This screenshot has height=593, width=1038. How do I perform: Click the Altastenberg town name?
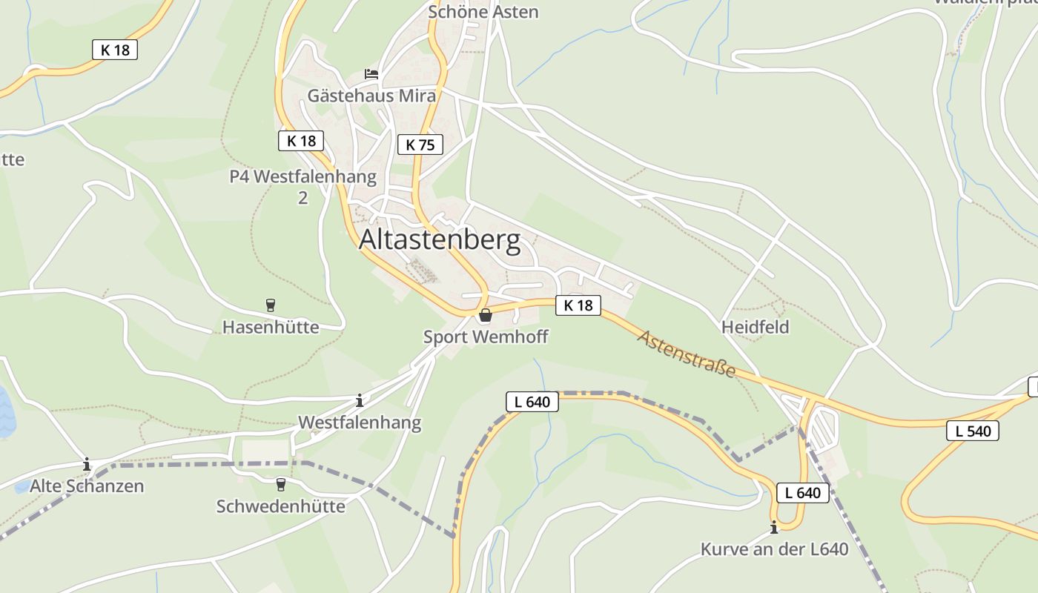[x=440, y=241]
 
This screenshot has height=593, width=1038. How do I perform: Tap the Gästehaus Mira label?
[x=371, y=96]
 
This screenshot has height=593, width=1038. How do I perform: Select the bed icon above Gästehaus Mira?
[x=371, y=74]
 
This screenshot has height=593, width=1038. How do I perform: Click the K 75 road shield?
[x=420, y=145]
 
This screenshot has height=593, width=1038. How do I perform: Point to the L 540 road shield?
[x=973, y=431]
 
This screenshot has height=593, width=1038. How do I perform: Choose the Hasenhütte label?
[x=271, y=327]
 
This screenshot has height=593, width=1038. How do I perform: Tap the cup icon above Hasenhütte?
[x=271, y=305]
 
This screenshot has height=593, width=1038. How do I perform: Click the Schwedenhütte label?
[x=280, y=506]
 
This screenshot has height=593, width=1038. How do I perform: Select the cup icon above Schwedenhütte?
[x=280, y=485]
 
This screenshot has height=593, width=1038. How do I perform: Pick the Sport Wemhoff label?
[x=486, y=337]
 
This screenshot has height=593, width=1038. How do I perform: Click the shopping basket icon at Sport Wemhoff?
[x=486, y=316]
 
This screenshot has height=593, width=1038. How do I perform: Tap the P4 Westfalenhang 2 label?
[x=303, y=187]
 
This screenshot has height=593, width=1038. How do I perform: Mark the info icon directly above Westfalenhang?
[x=360, y=401]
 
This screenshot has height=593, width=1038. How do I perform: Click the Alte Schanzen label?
[x=87, y=486]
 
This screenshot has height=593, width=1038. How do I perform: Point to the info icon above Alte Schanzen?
[x=87, y=465]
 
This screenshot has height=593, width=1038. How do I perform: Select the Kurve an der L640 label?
[x=774, y=549]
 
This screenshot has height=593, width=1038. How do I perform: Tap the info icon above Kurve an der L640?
[x=774, y=528]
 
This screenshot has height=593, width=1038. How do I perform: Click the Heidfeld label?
[x=755, y=327]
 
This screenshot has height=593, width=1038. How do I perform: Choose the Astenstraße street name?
[x=686, y=354]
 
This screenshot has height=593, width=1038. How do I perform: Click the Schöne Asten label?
[x=483, y=12]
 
